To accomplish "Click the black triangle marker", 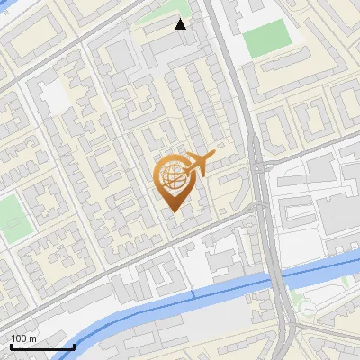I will point(181,24).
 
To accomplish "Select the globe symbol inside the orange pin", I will point(171,177).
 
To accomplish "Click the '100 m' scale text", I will point(24,338).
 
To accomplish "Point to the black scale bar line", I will point(42,346).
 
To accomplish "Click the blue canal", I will point(135,310).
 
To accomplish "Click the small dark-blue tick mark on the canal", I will point(194,293).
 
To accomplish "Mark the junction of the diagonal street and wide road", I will point(259,206).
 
